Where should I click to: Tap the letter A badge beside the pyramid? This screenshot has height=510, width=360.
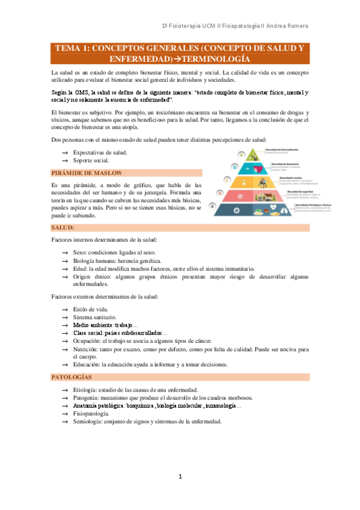pyautogui.click(x=213, y=205)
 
